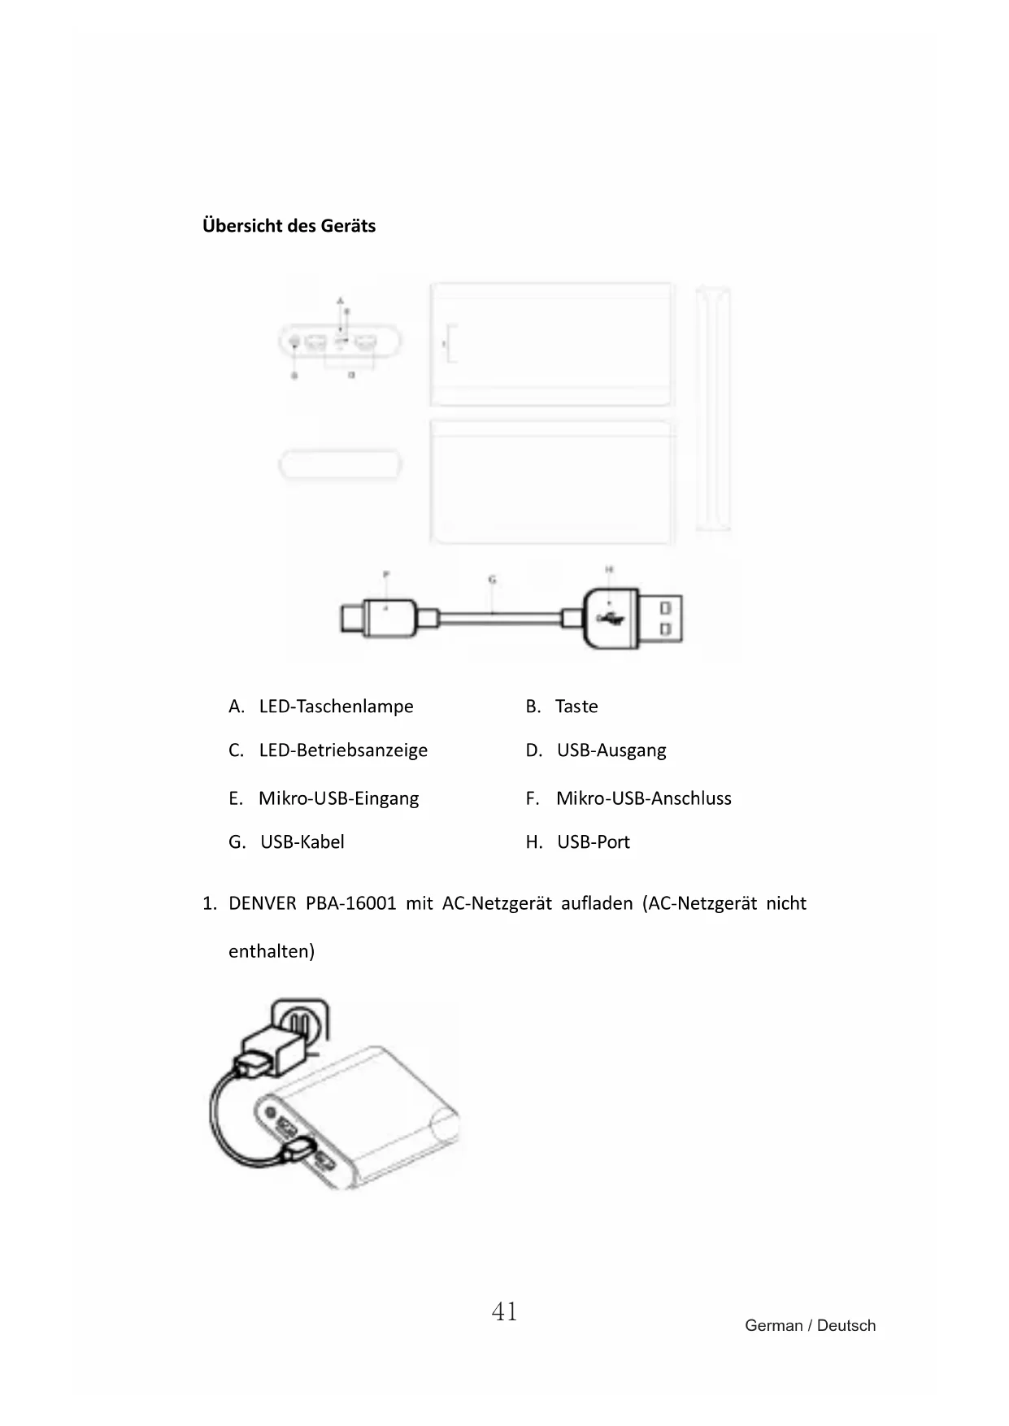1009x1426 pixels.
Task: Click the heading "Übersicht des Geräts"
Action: click(289, 225)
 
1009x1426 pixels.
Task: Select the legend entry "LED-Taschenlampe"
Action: click(336, 706)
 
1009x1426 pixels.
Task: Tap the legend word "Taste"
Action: click(576, 706)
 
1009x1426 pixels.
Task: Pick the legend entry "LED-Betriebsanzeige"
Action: click(343, 750)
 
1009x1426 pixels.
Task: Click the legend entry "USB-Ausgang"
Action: click(611, 750)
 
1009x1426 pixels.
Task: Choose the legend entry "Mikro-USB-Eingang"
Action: click(338, 798)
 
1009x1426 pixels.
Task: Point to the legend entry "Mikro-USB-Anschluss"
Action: click(643, 798)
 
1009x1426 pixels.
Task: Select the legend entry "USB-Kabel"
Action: click(302, 841)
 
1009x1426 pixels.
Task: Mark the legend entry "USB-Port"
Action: click(594, 841)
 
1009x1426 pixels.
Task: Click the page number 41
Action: click(504, 1311)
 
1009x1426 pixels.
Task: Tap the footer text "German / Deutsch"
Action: click(810, 1325)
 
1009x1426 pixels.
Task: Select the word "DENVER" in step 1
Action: click(262, 903)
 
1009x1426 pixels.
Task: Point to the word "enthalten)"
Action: click(271, 950)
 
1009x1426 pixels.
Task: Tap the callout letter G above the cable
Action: click(492, 580)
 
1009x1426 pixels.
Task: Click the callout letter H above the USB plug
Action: click(608, 570)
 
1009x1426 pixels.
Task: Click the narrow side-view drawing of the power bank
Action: click(713, 409)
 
